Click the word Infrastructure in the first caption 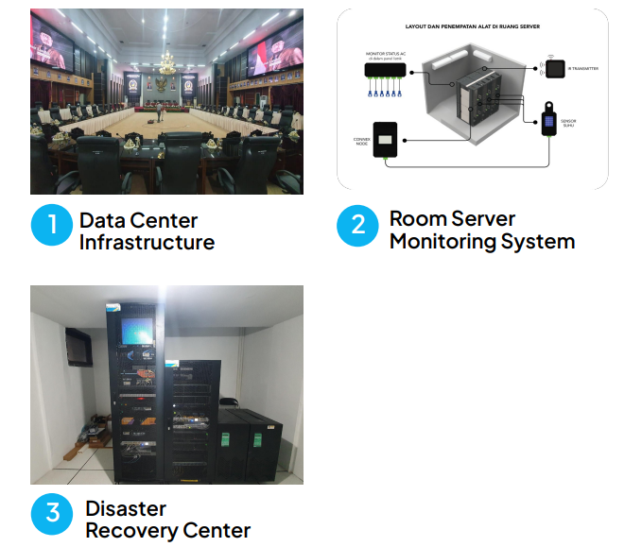(147, 243)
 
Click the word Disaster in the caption (126, 508)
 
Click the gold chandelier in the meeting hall (166, 63)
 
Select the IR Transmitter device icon (555, 68)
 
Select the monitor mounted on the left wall (78, 346)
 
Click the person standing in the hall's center (161, 115)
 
